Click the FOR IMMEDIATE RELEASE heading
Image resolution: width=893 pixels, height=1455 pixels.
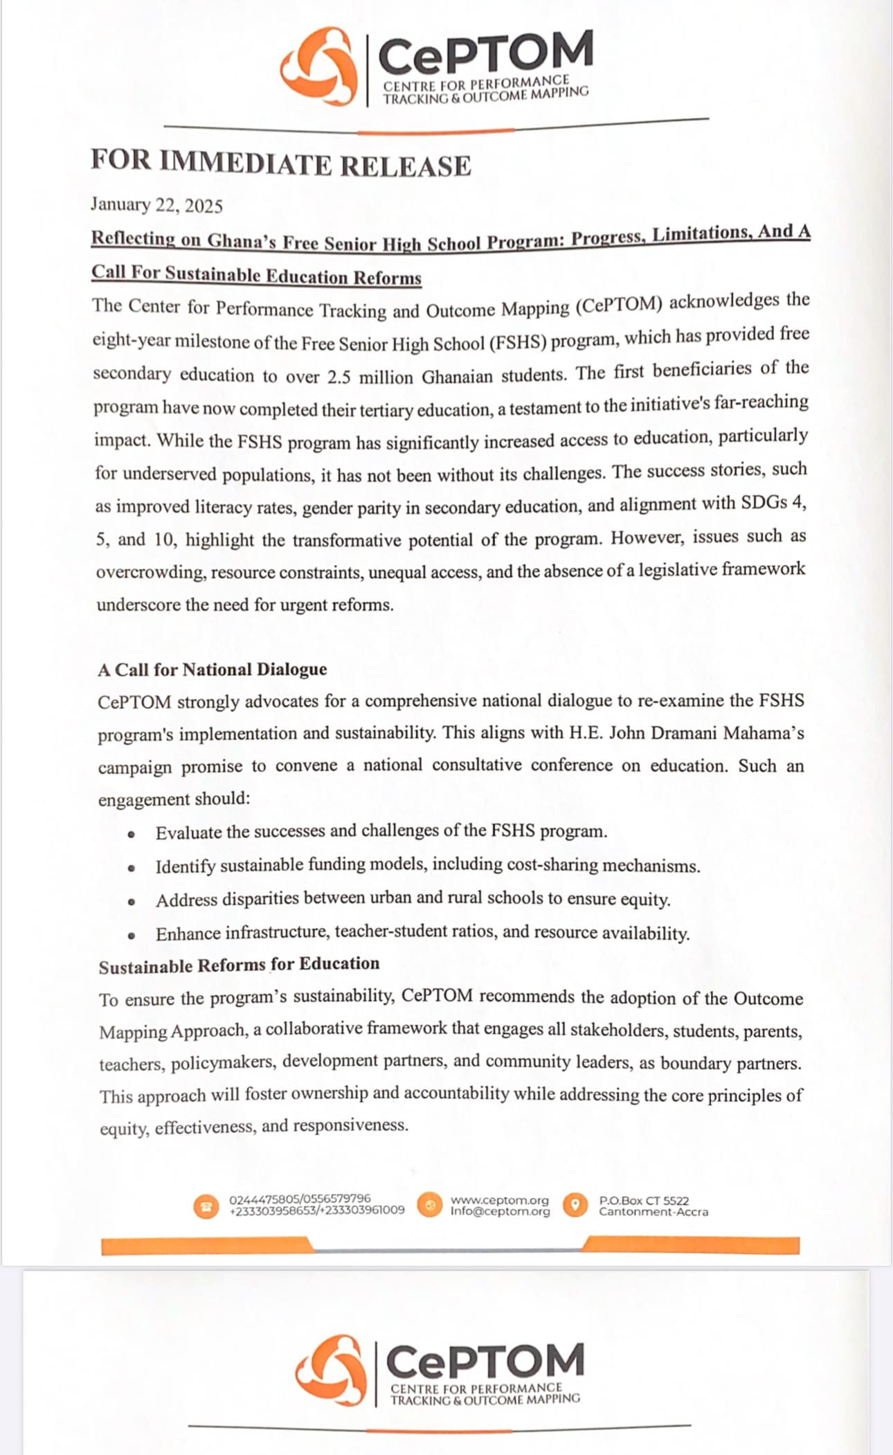tap(280, 163)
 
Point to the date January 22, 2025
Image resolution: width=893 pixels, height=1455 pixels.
tap(156, 205)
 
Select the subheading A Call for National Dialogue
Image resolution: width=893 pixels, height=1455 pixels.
tap(212, 670)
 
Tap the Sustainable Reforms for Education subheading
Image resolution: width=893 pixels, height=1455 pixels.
tap(239, 965)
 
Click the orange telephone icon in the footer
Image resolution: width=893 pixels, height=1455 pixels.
tap(206, 1206)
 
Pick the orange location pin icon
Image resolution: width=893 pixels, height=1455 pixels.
tap(575, 1205)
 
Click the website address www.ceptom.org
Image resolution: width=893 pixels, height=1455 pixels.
tap(499, 1200)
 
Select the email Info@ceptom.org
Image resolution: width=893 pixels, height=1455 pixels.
tap(500, 1211)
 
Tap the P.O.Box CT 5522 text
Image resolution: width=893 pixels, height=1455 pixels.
tap(644, 1200)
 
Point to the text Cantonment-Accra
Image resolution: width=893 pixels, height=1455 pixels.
tap(653, 1212)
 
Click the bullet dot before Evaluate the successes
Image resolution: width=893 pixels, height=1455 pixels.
tap(131, 833)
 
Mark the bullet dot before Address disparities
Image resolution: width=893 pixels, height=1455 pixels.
tap(131, 901)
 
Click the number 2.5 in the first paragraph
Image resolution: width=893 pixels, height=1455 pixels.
tap(340, 377)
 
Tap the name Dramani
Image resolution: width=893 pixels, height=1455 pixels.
tap(683, 733)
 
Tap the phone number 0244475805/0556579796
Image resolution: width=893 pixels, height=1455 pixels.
tap(300, 1198)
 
